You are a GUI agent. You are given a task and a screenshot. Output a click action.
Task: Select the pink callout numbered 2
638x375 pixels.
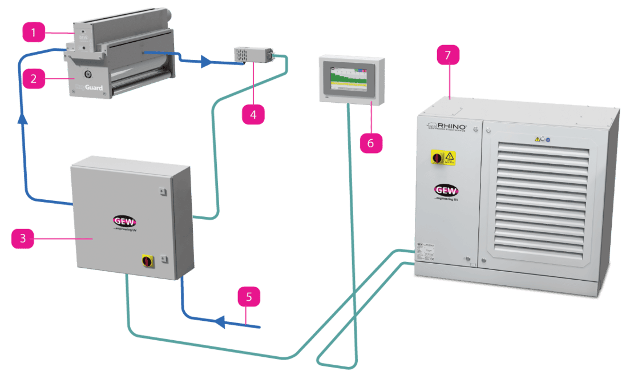point(34,78)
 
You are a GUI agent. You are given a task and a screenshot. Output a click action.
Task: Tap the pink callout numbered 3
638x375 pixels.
point(23,238)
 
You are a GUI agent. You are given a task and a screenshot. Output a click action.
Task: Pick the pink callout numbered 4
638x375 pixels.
point(253,114)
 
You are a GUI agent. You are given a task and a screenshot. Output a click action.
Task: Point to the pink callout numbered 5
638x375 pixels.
point(249,297)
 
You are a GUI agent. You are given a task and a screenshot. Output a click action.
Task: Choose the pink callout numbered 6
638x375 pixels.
point(370,143)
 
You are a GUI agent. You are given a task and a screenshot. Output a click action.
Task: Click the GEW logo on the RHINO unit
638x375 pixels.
point(445,190)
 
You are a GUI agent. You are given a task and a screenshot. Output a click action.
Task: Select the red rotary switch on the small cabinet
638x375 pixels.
point(147,261)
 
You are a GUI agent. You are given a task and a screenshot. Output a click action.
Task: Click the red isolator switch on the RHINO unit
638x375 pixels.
point(437,156)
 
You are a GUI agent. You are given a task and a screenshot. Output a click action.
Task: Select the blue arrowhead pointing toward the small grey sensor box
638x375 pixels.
point(206,63)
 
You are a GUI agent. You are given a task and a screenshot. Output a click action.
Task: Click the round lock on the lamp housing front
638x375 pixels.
point(88,74)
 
